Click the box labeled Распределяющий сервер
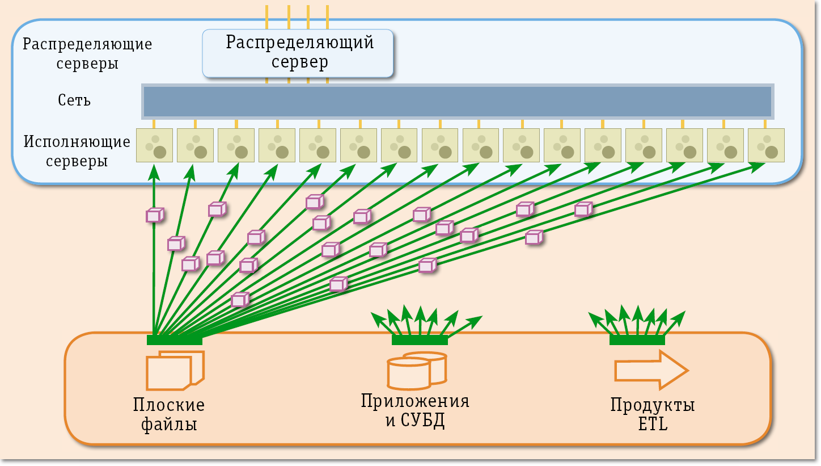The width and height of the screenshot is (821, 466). click(x=298, y=53)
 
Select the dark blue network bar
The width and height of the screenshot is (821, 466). click(x=457, y=101)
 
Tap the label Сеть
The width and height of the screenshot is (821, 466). click(x=74, y=101)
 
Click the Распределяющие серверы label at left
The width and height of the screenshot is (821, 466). click(x=87, y=53)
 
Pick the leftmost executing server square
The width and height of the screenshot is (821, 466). click(x=154, y=145)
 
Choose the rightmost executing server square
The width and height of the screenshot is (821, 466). click(x=766, y=145)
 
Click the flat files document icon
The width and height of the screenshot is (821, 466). click(x=175, y=370)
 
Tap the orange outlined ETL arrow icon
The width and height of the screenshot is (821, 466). click(x=651, y=370)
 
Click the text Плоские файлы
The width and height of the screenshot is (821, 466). click(x=169, y=414)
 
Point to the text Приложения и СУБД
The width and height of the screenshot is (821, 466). click(x=415, y=410)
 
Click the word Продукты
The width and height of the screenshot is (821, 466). click(x=653, y=405)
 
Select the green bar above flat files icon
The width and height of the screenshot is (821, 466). click(x=175, y=340)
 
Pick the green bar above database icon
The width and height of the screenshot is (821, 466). click(x=420, y=340)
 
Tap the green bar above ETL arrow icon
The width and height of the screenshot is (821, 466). click(x=637, y=340)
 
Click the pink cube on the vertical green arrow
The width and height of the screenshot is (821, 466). click(x=154, y=216)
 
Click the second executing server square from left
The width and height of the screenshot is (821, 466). click(x=195, y=145)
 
